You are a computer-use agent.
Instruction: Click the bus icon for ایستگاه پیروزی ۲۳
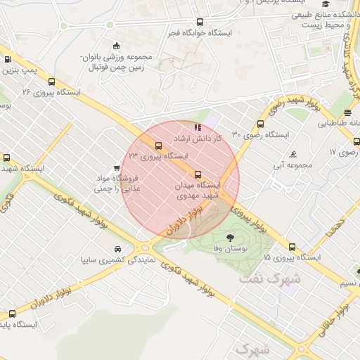(157, 146)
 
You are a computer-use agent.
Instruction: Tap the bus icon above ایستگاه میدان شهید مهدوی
(198, 174)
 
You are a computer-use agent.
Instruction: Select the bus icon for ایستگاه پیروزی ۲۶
(51, 82)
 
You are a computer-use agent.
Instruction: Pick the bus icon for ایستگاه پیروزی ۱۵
(292, 247)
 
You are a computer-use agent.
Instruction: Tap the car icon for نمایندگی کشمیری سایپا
(117, 250)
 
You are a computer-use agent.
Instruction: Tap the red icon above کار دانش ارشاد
(197, 127)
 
